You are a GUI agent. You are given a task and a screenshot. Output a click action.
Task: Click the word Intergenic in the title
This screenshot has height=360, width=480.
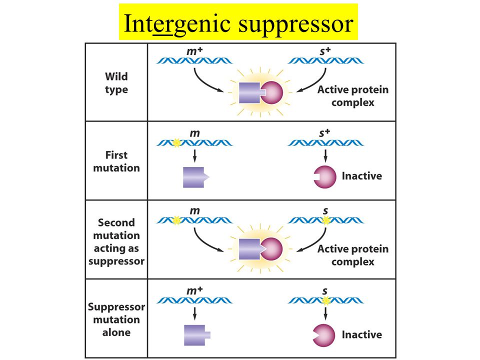click(177, 23)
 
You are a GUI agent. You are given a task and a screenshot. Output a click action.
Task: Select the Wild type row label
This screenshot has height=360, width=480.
click(116, 82)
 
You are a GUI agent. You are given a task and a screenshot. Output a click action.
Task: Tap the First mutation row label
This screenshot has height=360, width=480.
click(116, 161)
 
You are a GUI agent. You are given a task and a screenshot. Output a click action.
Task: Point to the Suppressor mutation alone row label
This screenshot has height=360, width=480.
click(116, 319)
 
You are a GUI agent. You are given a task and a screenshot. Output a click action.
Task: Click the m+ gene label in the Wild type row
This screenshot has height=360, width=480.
click(194, 51)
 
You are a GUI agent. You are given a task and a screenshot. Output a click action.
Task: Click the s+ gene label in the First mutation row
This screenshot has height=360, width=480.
click(324, 133)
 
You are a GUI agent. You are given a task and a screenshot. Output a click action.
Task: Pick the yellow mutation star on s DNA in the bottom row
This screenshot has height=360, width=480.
click(326, 300)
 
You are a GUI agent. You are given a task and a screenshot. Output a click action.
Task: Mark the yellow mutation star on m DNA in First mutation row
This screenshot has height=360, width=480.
click(176, 142)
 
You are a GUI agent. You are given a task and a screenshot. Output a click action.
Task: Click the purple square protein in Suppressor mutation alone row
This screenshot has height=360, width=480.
click(197, 335)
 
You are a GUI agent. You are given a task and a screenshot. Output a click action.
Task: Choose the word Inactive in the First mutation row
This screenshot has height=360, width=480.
click(362, 176)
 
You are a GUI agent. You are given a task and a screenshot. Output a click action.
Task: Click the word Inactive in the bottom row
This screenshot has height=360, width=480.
click(362, 334)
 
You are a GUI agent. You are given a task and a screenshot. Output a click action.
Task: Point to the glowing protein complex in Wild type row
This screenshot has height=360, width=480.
click(260, 92)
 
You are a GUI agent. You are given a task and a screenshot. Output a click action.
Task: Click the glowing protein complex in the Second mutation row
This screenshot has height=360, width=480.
click(260, 249)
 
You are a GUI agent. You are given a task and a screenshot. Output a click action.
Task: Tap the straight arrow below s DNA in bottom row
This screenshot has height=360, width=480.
click(325, 313)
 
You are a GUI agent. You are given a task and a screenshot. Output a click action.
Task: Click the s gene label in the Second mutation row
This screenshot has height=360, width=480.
click(325, 211)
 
